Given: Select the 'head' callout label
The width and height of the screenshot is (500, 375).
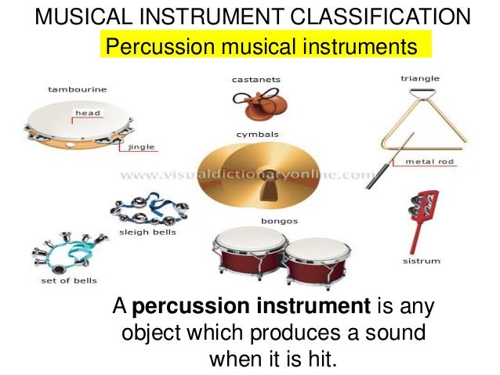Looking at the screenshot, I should click(x=86, y=114).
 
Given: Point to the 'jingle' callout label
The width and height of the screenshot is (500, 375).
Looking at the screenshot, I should click(x=140, y=146).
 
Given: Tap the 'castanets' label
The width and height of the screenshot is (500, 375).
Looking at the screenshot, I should click(x=255, y=79).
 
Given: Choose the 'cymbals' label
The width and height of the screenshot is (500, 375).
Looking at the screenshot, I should click(x=256, y=135).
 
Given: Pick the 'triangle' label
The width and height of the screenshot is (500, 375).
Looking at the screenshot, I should click(x=419, y=78).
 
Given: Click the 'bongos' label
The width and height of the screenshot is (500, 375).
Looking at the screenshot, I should click(x=279, y=221).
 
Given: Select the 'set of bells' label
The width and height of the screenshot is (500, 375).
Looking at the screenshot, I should click(x=69, y=281).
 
